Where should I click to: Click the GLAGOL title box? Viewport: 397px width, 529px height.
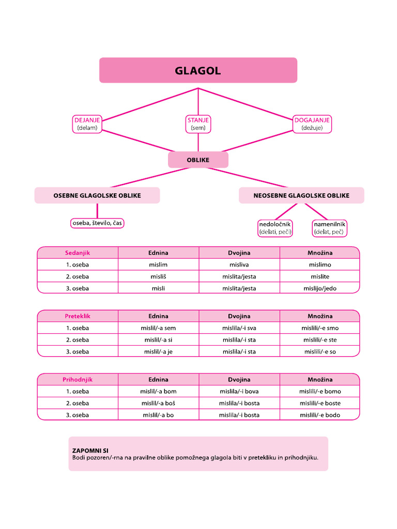(x=198, y=70)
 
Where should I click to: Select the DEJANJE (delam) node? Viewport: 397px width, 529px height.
(x=87, y=124)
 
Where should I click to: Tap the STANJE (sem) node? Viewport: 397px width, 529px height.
(x=198, y=124)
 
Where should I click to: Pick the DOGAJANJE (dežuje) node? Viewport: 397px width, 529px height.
(x=312, y=124)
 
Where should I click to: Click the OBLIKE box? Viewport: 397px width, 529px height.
(x=198, y=160)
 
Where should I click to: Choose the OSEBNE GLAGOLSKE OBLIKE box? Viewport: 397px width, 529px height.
(x=97, y=195)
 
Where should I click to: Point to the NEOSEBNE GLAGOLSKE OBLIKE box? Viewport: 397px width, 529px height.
(x=301, y=195)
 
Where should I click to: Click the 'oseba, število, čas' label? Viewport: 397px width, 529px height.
(x=97, y=223)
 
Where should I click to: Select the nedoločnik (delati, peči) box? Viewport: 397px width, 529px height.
(x=276, y=228)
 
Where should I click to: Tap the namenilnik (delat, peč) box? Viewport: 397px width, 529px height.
(x=329, y=228)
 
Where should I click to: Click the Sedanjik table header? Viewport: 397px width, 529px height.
(x=78, y=253)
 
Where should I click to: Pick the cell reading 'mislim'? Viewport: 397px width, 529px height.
(x=158, y=264)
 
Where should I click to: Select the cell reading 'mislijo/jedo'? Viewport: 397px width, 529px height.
(x=319, y=288)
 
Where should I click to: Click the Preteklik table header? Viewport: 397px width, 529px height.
(x=78, y=316)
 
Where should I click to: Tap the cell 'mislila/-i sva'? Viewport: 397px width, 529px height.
(x=239, y=328)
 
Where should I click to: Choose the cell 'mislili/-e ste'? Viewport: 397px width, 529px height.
(x=319, y=340)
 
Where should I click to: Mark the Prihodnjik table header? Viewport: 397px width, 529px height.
(x=78, y=380)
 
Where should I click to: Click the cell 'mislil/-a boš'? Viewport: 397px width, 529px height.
(x=158, y=403)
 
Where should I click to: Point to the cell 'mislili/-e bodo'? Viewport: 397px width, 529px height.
(x=319, y=415)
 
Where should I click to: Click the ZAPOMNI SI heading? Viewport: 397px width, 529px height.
(x=90, y=450)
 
